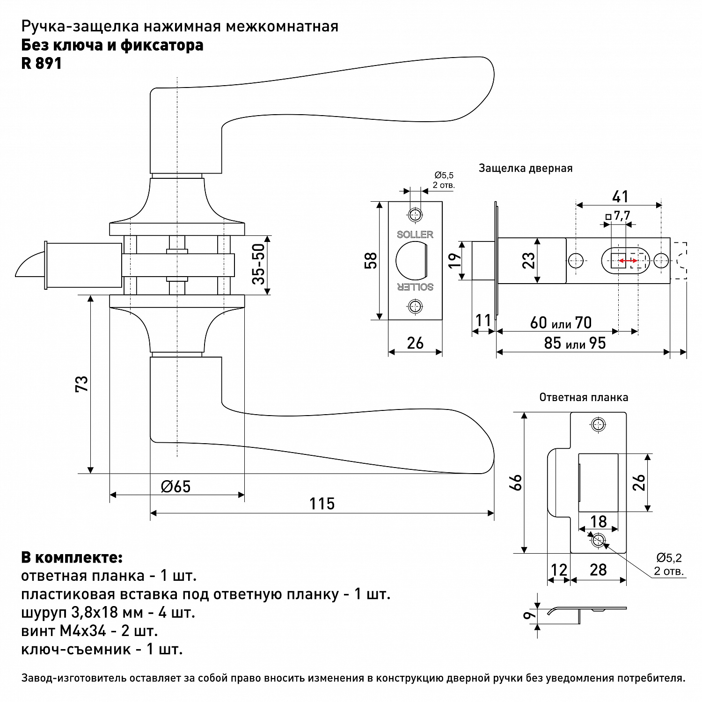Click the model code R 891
point(42,63)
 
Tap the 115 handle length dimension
point(322,504)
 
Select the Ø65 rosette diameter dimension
point(176,487)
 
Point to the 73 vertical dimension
point(81,384)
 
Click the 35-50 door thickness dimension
point(258,264)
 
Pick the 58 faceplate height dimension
point(370,261)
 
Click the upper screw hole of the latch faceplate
point(415,215)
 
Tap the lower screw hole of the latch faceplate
point(415,307)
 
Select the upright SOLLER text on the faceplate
point(415,234)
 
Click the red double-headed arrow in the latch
point(628,261)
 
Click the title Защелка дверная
point(525,168)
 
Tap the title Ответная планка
point(584,398)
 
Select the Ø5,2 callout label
point(669,557)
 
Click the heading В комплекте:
point(72,558)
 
